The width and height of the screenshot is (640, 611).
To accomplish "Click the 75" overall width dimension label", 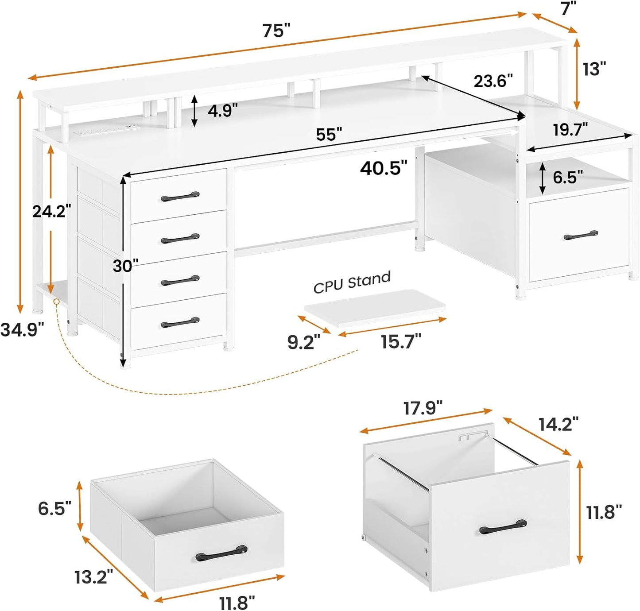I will pos(276,31).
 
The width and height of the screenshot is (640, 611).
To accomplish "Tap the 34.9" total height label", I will pos(22,330).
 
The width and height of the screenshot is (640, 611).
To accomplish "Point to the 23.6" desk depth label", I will pos(493,81).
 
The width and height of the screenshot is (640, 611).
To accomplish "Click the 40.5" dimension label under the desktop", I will pos(384,168).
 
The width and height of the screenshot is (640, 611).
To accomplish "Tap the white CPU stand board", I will pos(374,308).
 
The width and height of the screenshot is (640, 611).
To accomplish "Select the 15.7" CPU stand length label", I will pos(401,342).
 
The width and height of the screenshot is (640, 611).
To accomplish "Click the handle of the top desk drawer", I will pos(180,196).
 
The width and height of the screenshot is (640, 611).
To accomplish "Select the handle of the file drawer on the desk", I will pos(581,235).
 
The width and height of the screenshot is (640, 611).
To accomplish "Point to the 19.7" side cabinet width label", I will pos(570,130).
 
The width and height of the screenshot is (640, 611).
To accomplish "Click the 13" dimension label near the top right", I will pos(594,69).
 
